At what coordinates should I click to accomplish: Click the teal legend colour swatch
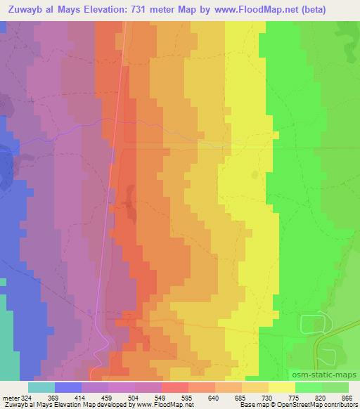click(x=41, y=387)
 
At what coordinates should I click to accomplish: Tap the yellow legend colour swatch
click(x=282, y=387)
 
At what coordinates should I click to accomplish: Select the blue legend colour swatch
click(x=68, y=387)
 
